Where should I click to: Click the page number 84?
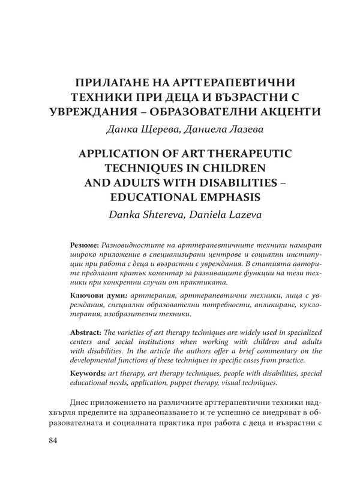52,442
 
